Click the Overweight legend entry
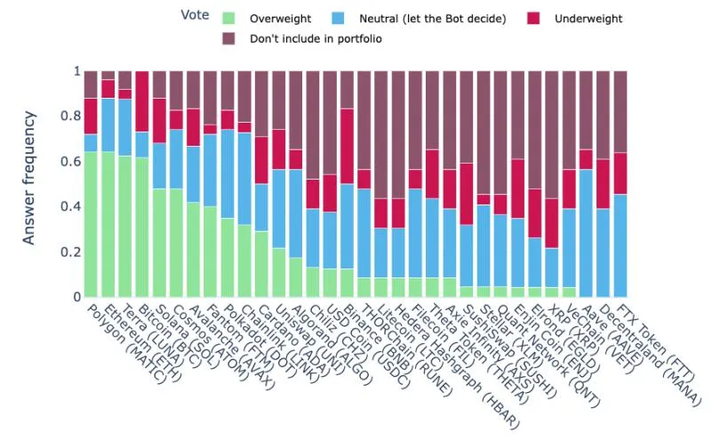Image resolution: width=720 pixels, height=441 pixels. [x=277, y=18]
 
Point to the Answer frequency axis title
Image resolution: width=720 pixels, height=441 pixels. [x=31, y=177]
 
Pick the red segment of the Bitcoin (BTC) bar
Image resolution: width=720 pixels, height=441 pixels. [x=141, y=101]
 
